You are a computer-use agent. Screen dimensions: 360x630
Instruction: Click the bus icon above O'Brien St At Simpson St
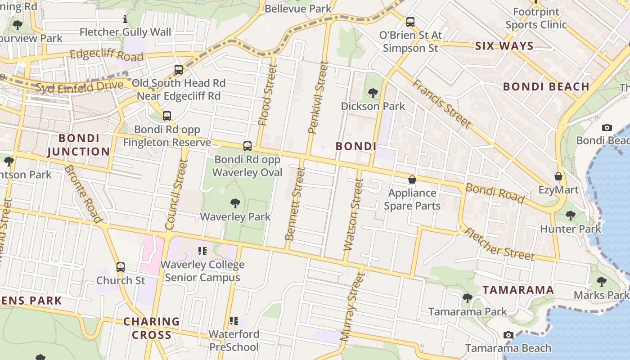[410, 22]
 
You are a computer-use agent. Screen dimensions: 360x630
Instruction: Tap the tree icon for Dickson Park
[373, 93]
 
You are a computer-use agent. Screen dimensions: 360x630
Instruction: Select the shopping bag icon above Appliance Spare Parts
[412, 180]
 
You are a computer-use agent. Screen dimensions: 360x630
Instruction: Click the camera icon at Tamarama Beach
[508, 335]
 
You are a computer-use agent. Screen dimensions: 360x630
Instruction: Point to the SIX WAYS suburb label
[504, 46]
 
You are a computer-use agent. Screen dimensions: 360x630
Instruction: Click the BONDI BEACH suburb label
[546, 86]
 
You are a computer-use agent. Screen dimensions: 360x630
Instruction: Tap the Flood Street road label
[268, 94]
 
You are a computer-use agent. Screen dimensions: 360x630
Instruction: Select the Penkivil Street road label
[318, 98]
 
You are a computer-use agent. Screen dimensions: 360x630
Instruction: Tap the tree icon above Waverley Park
[235, 203]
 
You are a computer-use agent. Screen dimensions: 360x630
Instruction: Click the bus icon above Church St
[120, 267]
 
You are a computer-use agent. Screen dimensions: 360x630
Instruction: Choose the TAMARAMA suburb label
[518, 290]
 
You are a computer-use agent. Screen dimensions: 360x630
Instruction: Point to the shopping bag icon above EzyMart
[558, 176]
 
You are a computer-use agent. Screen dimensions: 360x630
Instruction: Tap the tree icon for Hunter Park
[570, 216]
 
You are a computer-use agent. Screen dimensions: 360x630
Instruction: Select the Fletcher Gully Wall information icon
[125, 19]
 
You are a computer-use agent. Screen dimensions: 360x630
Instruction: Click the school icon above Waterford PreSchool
[234, 321]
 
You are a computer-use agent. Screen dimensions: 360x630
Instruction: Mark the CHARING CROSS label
[152, 328]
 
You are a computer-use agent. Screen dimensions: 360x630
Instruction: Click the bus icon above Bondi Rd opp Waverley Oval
[247, 146]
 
